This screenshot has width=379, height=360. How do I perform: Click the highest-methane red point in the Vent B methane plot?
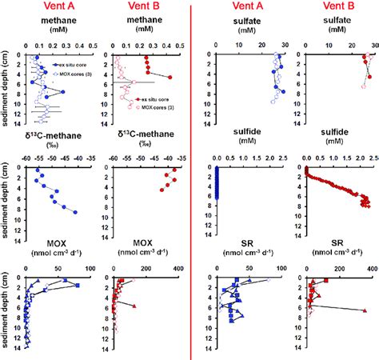click(x=170, y=77)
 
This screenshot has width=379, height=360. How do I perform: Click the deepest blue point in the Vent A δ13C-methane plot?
click(x=76, y=212)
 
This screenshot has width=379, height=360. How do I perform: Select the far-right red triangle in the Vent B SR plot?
click(x=365, y=310)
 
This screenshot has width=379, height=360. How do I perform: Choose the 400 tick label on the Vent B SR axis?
click(x=371, y=270)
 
